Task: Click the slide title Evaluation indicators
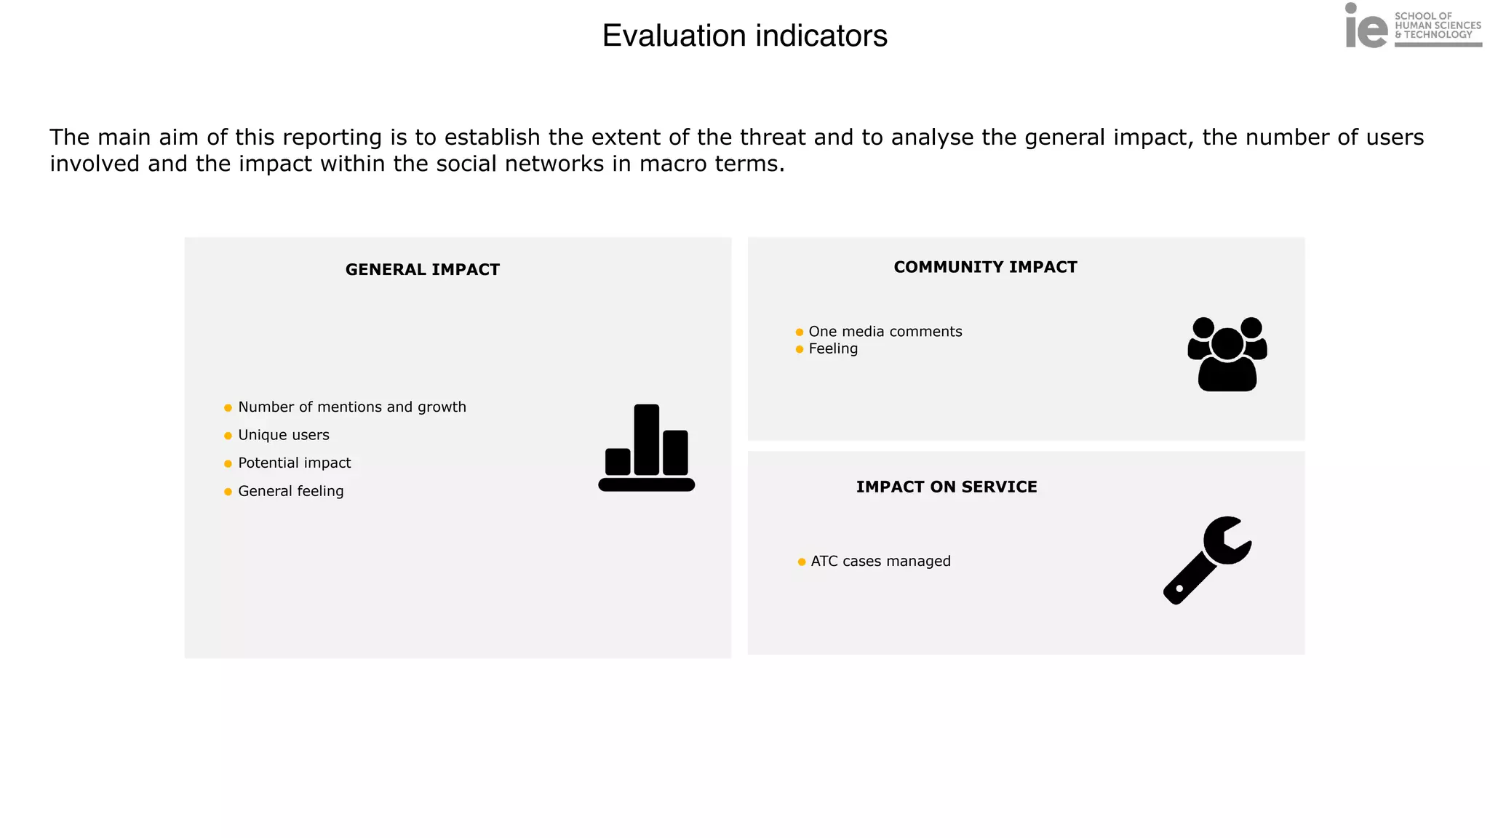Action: pos(744,36)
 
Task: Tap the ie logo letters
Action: pos(1366,28)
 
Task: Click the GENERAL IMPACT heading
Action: pos(422,270)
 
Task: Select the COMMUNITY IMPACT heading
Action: pos(985,267)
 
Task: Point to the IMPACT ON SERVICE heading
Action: pos(946,487)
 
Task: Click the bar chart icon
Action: pos(646,447)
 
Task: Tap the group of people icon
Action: pos(1227,354)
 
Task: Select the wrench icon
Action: pos(1207,560)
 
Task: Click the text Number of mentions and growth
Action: pos(351,407)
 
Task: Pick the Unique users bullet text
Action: pos(283,435)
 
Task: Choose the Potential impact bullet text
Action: pos(294,463)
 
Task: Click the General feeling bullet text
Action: pos(290,491)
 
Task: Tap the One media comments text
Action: pos(885,332)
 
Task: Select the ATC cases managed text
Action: pos(880,562)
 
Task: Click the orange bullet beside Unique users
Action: pos(228,436)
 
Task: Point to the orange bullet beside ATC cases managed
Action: pos(801,562)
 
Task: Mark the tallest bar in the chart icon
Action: pos(646,439)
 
